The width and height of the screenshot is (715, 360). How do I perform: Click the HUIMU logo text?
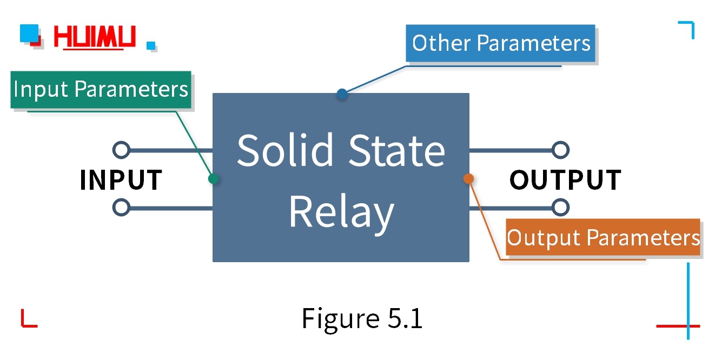point(95,37)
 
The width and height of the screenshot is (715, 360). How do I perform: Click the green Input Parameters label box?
point(101,89)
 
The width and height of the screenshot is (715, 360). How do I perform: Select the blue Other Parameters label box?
point(501,43)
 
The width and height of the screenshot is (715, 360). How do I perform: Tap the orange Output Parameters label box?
point(603,237)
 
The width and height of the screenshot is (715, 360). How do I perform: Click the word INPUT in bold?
point(121,179)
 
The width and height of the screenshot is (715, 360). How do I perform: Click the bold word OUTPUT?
point(565,179)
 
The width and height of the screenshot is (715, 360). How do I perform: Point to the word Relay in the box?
point(341,212)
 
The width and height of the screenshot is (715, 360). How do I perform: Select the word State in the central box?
point(396,150)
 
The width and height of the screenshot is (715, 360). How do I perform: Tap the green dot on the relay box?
point(214,178)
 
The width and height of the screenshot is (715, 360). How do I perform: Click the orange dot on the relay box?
point(468,178)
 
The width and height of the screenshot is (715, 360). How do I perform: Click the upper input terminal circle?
point(121,150)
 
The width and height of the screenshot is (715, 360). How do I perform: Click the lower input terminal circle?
point(121,207)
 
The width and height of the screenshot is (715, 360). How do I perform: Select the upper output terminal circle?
point(561,150)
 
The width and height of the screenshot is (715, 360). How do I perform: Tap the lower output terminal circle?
point(561,207)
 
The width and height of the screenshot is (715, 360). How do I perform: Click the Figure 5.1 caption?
point(362,318)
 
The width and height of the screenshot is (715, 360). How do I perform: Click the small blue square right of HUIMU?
point(151,45)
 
